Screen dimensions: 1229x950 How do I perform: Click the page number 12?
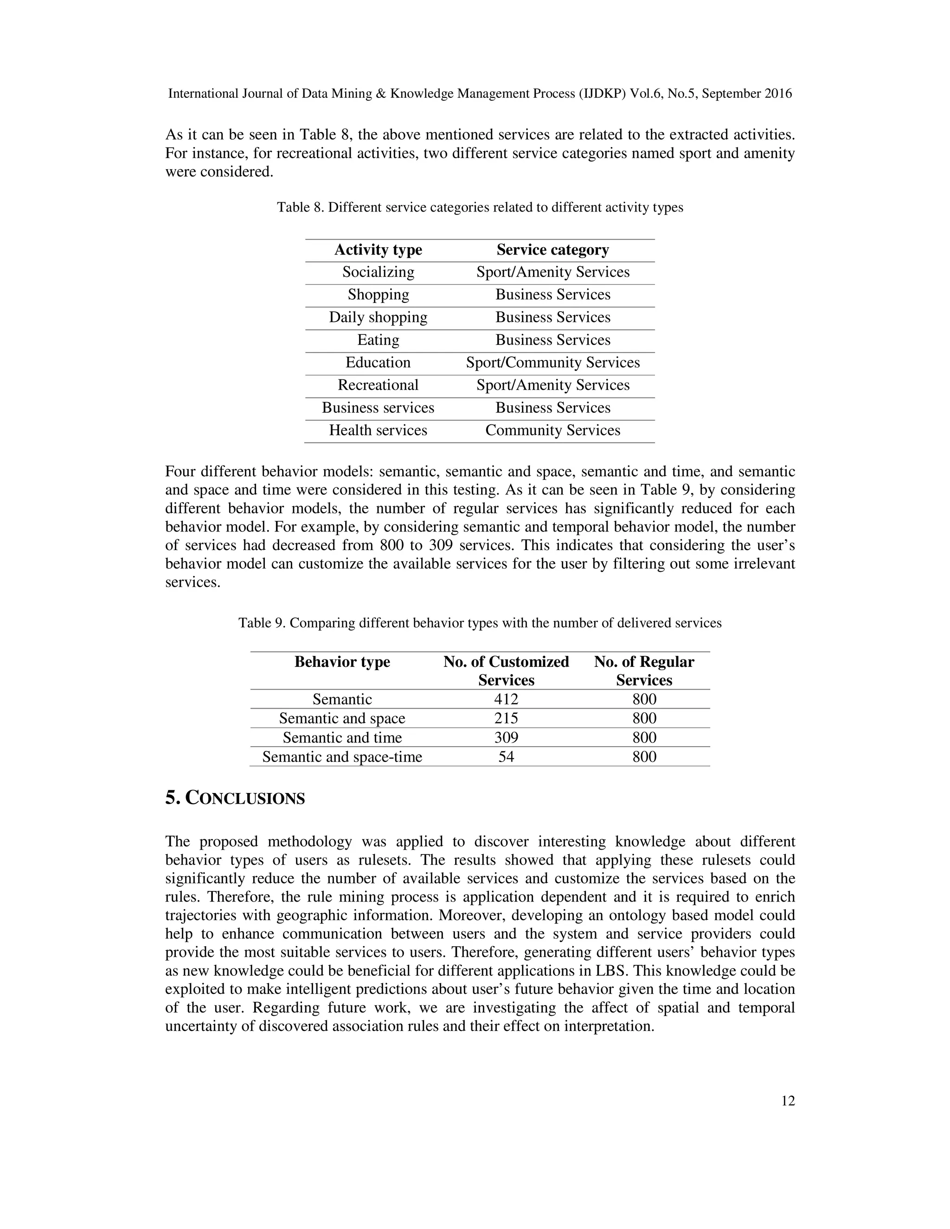(788, 1101)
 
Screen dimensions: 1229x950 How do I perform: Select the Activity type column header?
(378, 250)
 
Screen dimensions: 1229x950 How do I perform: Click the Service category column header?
(552, 250)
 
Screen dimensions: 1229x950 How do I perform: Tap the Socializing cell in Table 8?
(378, 272)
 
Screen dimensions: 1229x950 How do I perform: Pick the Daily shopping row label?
(378, 317)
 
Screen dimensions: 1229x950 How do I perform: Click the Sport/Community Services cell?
(552, 362)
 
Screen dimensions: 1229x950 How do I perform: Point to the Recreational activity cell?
(378, 385)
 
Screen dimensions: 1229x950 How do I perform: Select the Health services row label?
(378, 430)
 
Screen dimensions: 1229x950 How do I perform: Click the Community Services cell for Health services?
(552, 430)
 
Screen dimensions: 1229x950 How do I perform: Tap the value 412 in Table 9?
(506, 699)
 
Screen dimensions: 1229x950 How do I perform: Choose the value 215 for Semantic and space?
(506, 718)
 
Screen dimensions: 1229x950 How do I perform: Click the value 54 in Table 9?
(506, 756)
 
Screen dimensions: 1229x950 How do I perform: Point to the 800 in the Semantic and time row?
(644, 737)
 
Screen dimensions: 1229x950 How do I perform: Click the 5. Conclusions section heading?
(235, 799)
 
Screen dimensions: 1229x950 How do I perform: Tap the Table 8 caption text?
(480, 208)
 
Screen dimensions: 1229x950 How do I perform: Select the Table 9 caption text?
(480, 623)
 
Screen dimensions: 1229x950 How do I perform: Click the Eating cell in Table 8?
(378, 340)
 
